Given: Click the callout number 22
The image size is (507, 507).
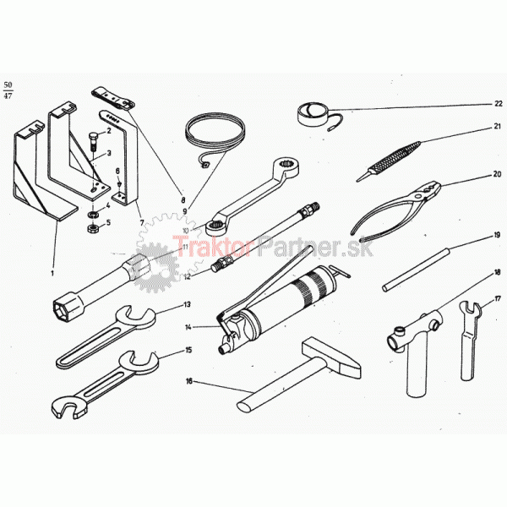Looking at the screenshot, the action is point(499,103).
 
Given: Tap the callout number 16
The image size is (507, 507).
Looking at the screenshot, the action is point(189,381).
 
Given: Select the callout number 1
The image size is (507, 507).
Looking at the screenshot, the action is point(52,274).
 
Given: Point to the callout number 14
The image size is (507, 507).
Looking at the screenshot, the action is point(188,327).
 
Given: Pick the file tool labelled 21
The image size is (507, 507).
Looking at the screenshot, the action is point(388,161).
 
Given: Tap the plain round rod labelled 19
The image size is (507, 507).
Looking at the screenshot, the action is point(416,270).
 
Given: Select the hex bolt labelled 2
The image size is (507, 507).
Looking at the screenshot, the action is point(94,140).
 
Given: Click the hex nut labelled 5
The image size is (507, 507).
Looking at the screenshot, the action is point(93,229).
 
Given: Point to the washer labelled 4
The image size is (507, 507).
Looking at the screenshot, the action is point(94,215).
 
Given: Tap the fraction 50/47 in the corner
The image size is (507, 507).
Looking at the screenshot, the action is point(8,90).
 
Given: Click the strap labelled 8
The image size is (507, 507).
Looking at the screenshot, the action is point(113,98).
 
